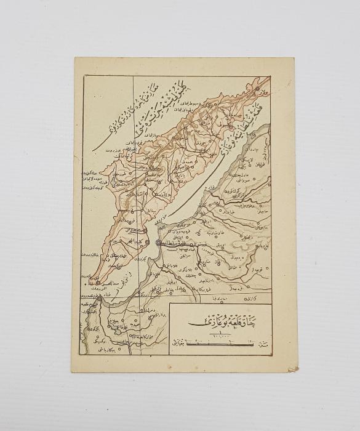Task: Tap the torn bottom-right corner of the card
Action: (x=293, y=369)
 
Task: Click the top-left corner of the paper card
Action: (x=74, y=58)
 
